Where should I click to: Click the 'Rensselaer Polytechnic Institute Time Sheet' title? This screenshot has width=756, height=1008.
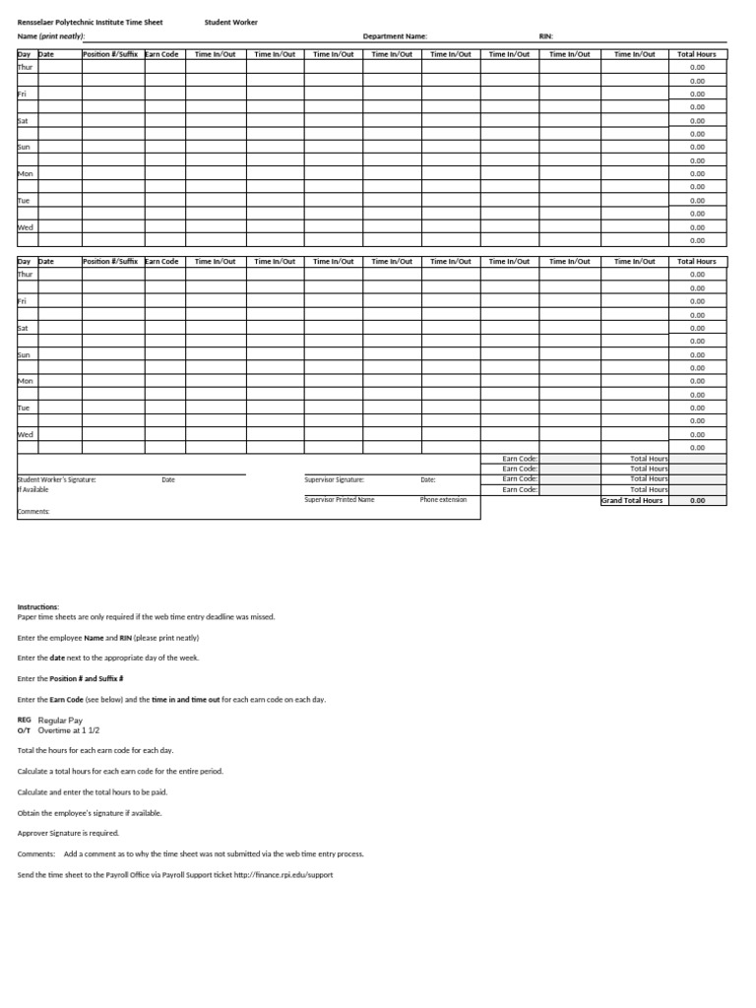coord(91,22)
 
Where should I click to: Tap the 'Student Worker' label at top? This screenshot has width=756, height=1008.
coord(231,22)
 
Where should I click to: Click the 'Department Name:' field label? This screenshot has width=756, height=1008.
coord(395,36)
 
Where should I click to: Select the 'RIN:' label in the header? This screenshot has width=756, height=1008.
coord(546,36)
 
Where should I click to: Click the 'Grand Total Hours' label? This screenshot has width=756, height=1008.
coord(633,500)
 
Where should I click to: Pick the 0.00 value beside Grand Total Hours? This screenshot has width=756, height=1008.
coord(697,500)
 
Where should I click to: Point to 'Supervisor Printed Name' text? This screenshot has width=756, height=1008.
coord(340,500)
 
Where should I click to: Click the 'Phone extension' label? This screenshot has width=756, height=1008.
coord(443,500)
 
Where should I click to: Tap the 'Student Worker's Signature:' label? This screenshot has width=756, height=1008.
coord(57,479)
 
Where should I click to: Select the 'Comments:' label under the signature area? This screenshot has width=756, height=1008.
coord(33,512)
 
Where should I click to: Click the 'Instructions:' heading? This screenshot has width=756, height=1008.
coord(38,607)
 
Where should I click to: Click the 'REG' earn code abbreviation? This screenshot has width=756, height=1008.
coord(25,721)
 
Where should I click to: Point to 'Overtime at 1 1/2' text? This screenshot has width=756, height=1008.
coord(69,730)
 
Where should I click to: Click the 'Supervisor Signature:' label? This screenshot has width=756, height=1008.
coord(335,479)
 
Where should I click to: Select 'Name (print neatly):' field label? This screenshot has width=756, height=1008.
coord(51,36)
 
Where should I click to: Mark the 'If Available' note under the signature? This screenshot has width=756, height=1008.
coord(33,489)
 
